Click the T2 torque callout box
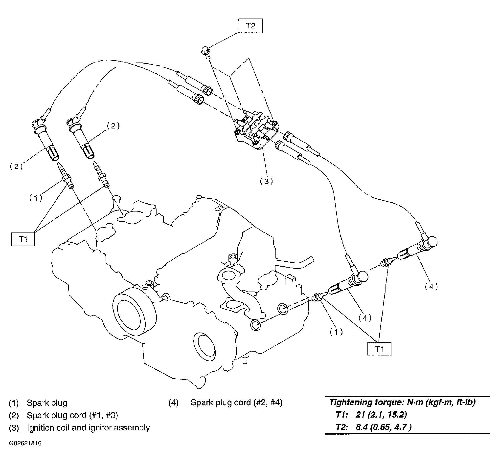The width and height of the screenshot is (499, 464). (250, 26)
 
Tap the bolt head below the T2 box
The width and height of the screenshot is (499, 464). (205, 51)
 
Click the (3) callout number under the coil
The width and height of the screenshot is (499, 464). (266, 181)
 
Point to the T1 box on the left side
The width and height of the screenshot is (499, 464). (23, 239)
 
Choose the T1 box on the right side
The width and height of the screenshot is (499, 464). (379, 349)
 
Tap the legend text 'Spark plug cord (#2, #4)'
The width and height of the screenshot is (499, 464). (236, 402)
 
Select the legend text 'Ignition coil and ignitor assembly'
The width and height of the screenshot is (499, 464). (88, 428)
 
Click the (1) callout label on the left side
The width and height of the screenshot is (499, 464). (36, 198)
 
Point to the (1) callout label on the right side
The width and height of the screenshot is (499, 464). (336, 332)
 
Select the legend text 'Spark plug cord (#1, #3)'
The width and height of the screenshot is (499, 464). (72, 415)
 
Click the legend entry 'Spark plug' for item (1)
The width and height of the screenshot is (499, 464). (47, 403)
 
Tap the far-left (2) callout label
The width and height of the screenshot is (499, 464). (16, 167)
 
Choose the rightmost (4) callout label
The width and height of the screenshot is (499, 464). (431, 286)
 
